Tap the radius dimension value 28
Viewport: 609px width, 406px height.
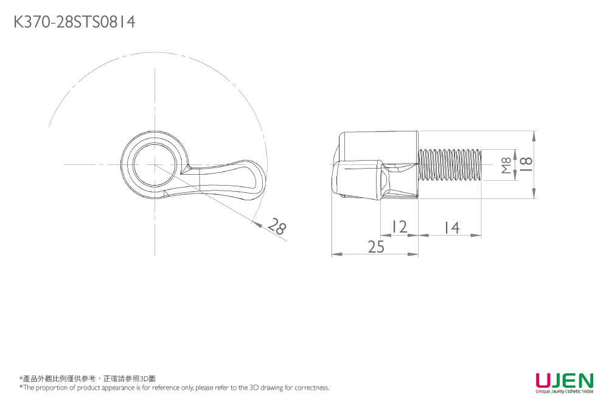pyautogui.click(x=277, y=228)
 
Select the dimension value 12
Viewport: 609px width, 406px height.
pyautogui.click(x=399, y=227)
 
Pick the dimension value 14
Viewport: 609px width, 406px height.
pyautogui.click(x=451, y=228)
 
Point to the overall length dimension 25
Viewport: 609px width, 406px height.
pyautogui.click(x=376, y=247)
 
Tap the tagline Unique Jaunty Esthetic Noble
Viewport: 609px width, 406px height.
pyautogui.click(x=564, y=391)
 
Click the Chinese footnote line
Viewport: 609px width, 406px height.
pyautogui.click(x=88, y=379)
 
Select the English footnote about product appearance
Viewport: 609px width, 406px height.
pyautogui.click(x=174, y=388)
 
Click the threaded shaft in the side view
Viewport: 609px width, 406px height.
pyautogui.click(x=450, y=165)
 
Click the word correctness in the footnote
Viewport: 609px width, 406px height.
pyautogui.click(x=311, y=388)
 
